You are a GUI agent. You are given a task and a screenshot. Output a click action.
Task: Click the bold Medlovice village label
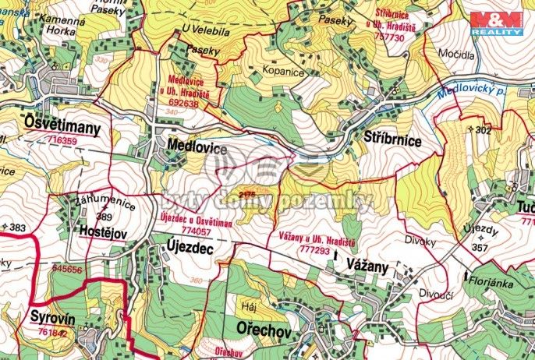197,147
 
